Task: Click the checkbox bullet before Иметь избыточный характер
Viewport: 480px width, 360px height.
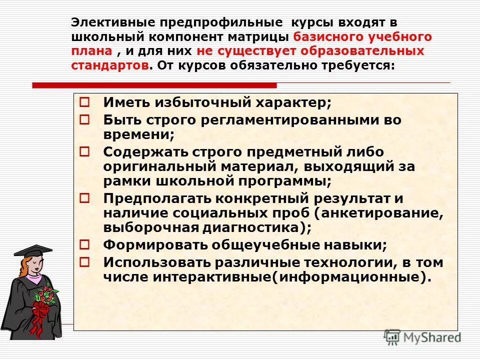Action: click(x=84, y=102)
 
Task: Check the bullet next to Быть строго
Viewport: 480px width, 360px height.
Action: click(x=84, y=119)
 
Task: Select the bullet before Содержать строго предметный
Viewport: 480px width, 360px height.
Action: click(x=84, y=151)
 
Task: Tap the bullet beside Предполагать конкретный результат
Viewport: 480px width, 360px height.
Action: click(x=84, y=197)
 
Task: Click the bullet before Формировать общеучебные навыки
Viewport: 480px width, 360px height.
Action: click(x=84, y=244)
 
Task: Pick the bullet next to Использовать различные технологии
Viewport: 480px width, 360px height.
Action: click(x=84, y=261)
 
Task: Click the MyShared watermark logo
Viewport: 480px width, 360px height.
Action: click(x=422, y=337)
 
